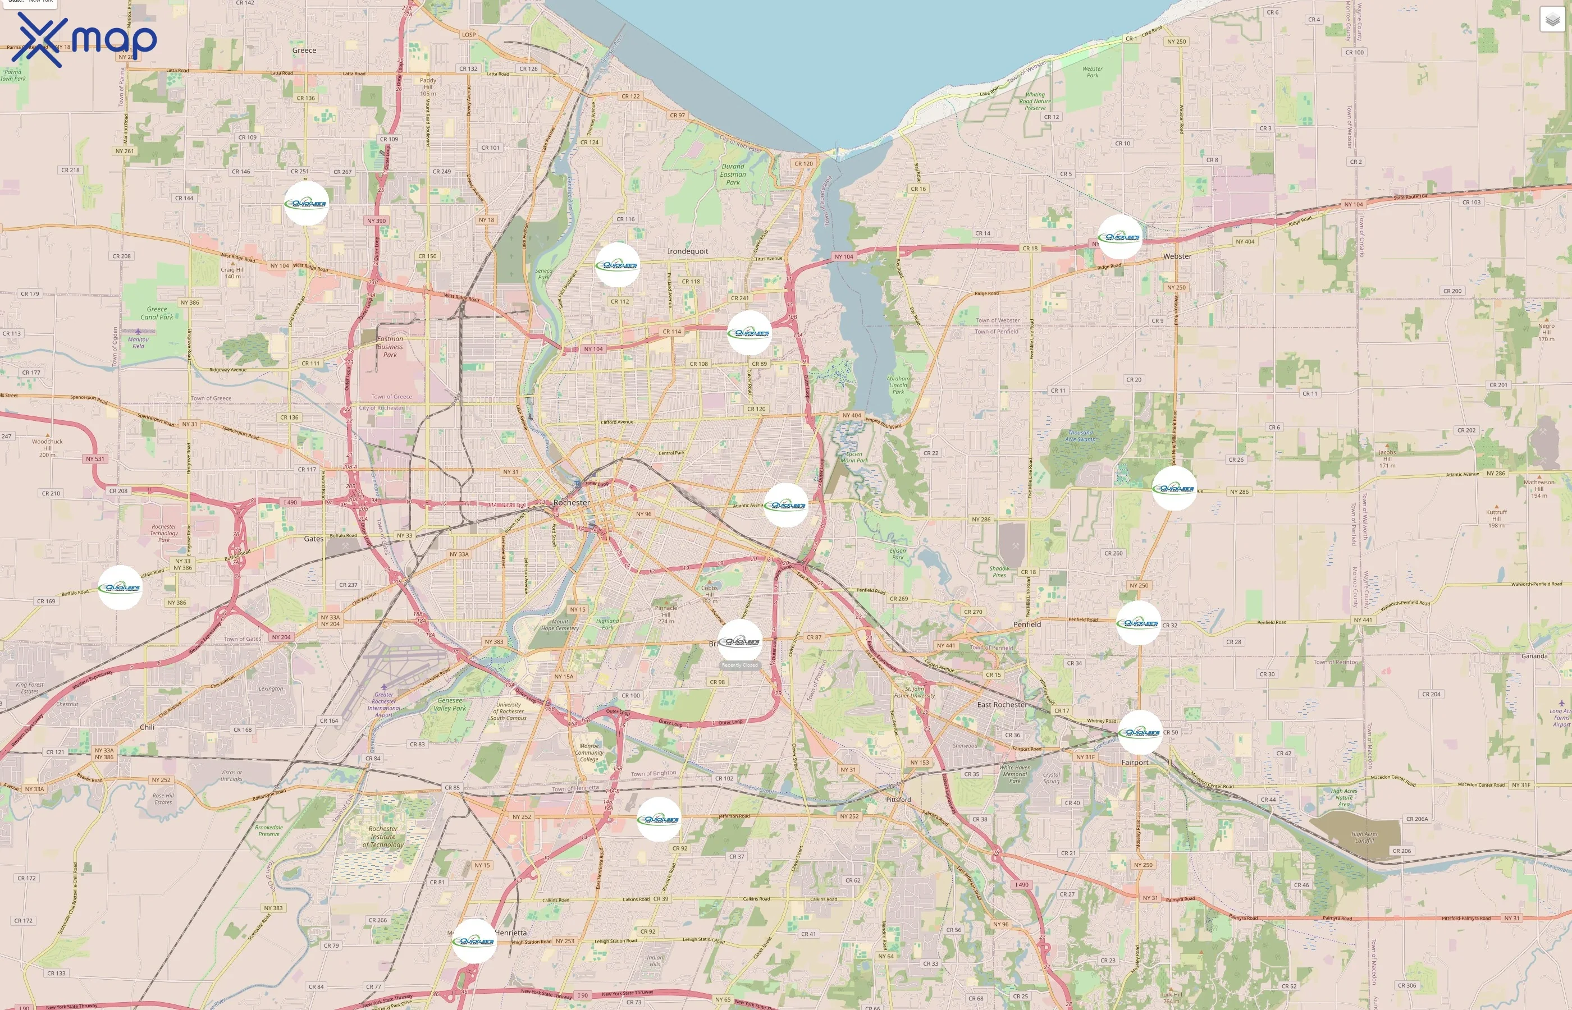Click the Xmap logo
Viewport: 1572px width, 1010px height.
tap(84, 39)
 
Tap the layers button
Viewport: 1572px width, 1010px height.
tap(1552, 20)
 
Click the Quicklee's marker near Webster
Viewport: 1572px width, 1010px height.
tap(1119, 237)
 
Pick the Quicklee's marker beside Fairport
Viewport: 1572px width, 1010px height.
tap(1140, 732)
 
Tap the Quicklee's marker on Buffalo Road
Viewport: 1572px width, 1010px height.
tap(120, 587)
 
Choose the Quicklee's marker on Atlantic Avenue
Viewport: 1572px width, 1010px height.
tap(786, 505)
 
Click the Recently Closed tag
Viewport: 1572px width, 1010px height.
tap(739, 665)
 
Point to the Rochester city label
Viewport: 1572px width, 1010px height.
tap(572, 502)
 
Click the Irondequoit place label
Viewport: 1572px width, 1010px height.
tap(688, 251)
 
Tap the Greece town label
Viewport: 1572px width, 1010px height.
tap(304, 50)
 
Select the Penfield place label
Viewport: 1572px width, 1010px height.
tap(1027, 625)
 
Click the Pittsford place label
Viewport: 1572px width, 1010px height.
tap(898, 800)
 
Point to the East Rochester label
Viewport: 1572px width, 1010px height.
tap(1002, 704)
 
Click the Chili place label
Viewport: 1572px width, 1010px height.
tap(147, 727)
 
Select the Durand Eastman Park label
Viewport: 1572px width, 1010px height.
tap(733, 175)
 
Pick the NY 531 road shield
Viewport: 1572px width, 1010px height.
tap(95, 459)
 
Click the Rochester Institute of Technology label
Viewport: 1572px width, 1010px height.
tap(383, 837)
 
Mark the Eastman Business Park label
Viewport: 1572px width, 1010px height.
tap(390, 347)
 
